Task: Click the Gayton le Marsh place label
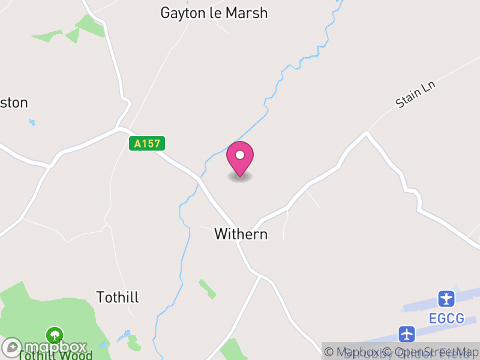(x=214, y=13)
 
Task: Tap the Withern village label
(x=241, y=234)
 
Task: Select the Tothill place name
(x=118, y=297)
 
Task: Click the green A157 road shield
(x=146, y=144)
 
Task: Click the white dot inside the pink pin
(x=240, y=155)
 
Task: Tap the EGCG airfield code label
(x=446, y=318)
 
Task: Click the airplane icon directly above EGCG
(x=446, y=298)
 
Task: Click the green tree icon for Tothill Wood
(x=55, y=334)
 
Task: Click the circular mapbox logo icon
(x=11, y=347)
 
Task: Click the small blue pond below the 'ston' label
(x=32, y=122)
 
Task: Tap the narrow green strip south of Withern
(x=208, y=289)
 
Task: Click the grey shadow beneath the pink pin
(x=240, y=176)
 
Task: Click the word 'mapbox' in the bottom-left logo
(x=56, y=347)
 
